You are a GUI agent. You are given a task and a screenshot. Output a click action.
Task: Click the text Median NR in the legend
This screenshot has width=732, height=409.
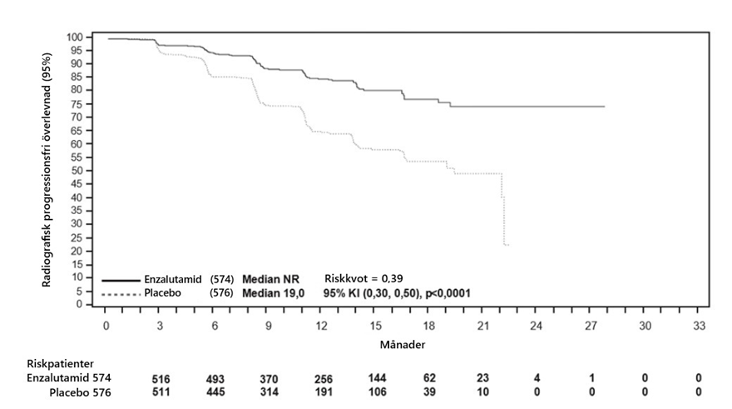[271, 280]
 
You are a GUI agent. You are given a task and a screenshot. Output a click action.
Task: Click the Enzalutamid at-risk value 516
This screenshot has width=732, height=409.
[161, 379]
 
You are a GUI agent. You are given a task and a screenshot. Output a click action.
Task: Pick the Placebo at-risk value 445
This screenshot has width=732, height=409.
[215, 392]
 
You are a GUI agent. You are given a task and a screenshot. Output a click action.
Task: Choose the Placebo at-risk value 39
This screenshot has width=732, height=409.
[430, 392]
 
